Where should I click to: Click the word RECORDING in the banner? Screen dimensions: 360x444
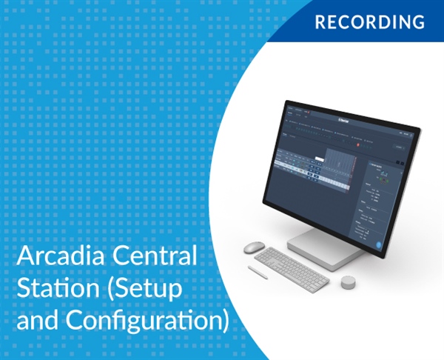[370, 21]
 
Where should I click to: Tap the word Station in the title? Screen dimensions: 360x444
[58, 291]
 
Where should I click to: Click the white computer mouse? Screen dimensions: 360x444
[254, 247]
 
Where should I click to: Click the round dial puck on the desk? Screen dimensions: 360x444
[348, 282]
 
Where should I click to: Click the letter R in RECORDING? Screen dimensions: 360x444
[320, 21]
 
